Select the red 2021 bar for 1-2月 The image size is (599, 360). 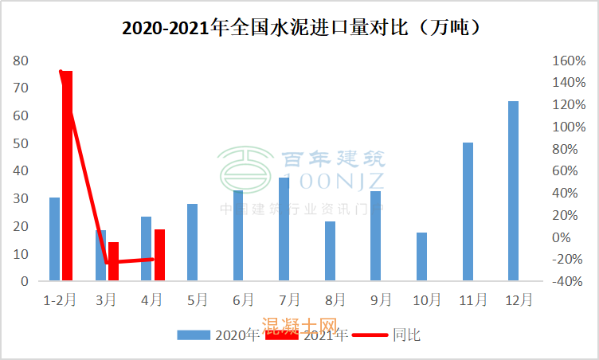coord(67,175)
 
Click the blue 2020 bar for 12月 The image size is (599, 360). coord(513,191)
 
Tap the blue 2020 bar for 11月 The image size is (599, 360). coord(468,212)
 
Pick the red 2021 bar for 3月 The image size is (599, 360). coord(113,261)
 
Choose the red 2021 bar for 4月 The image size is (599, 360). coord(159,255)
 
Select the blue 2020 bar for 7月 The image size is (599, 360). coord(284,229)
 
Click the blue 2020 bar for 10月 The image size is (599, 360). coord(421,256)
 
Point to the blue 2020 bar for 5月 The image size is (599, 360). coord(192,242)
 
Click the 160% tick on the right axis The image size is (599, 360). coord(568,61)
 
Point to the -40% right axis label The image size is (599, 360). coord(568,281)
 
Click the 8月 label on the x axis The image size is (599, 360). coord(335,300)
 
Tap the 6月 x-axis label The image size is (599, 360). coord(243,300)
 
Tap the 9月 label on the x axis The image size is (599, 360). coord(381,300)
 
